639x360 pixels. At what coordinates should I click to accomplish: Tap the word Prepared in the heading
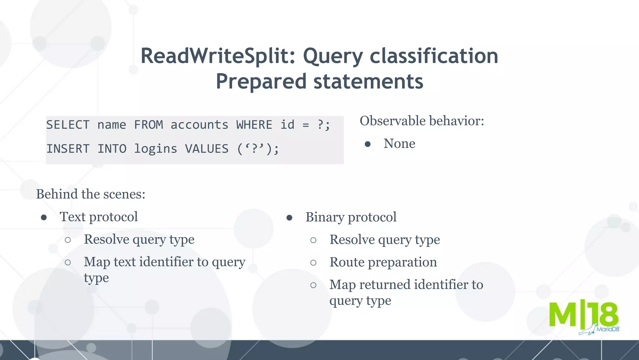pyautogui.click(x=261, y=81)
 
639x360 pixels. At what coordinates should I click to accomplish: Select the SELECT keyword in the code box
pyautogui.click(x=68, y=125)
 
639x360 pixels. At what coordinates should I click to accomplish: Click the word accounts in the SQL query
pyautogui.click(x=199, y=125)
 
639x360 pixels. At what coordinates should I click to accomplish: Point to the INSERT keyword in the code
pyautogui.click(x=68, y=149)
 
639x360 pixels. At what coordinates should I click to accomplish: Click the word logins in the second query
pyautogui.click(x=155, y=149)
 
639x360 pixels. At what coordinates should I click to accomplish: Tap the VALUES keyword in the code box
pyautogui.click(x=207, y=149)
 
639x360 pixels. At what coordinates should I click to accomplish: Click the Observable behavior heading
pyautogui.click(x=422, y=121)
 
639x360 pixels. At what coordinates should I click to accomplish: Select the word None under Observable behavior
pyautogui.click(x=399, y=144)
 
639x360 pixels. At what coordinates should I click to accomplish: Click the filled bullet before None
pyautogui.click(x=368, y=144)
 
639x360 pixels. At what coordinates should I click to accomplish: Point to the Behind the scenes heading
pyautogui.click(x=90, y=194)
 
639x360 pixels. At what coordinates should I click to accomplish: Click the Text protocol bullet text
pyautogui.click(x=99, y=217)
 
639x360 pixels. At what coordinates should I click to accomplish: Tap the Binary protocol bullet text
pyautogui.click(x=351, y=217)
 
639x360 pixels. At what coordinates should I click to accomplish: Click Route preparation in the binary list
pyautogui.click(x=383, y=262)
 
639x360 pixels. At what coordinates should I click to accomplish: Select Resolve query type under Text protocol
pyautogui.click(x=139, y=240)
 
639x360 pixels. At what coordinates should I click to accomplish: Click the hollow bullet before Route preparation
pyautogui.click(x=313, y=263)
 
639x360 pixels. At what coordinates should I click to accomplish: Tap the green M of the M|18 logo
pyautogui.click(x=562, y=315)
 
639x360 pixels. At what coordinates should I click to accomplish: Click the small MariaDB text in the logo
pyautogui.click(x=607, y=329)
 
